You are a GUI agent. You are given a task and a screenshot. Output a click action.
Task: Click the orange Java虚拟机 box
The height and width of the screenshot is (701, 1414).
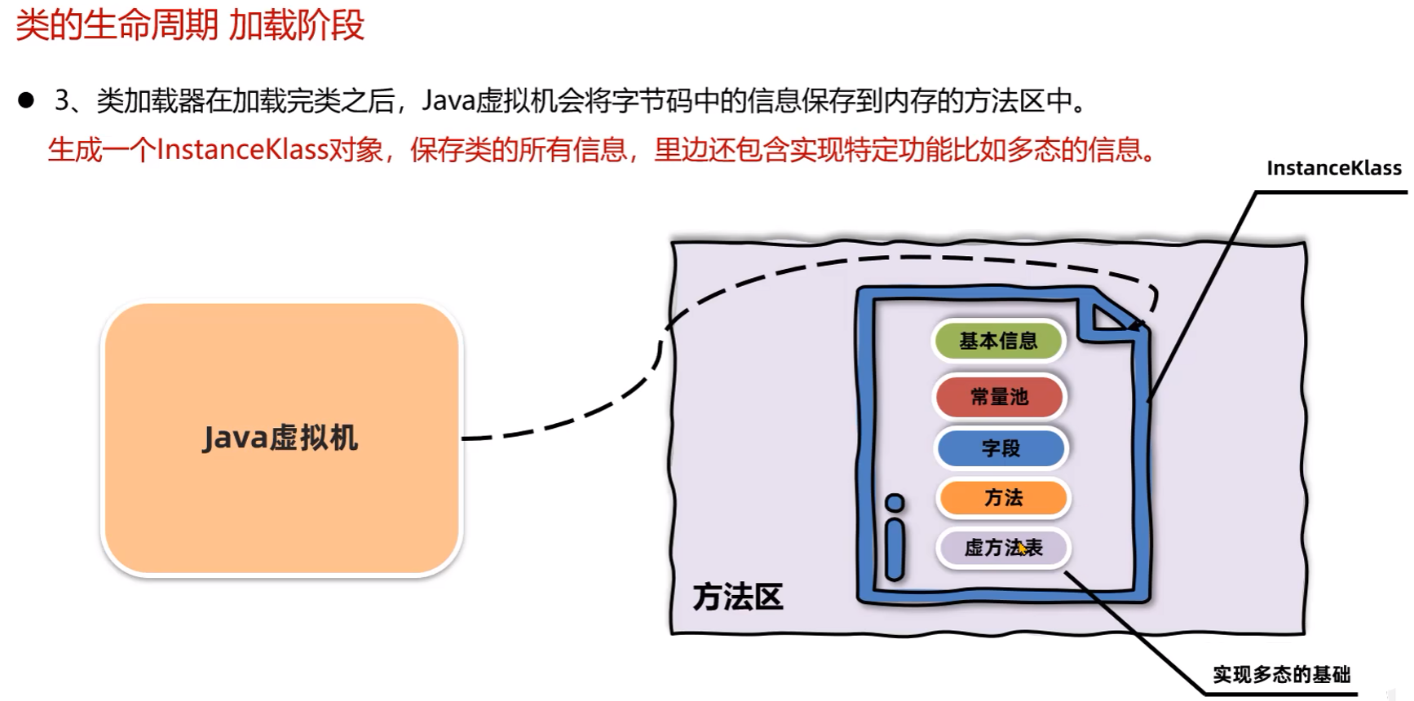[281, 439]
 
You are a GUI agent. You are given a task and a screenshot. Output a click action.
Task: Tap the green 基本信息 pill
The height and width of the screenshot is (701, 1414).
[998, 341]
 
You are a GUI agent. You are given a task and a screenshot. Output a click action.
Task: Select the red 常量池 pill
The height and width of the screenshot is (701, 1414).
[999, 397]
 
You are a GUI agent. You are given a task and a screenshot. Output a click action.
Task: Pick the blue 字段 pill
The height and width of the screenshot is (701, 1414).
[1001, 448]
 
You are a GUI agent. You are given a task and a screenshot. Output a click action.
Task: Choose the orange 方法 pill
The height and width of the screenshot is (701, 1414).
[1003, 498]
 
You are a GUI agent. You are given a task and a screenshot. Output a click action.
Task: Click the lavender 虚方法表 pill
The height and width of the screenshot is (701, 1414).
[1003, 548]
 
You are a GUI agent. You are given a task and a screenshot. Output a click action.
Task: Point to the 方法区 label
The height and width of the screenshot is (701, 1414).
[737, 597]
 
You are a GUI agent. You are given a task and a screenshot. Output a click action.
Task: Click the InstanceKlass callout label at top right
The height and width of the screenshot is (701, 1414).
[1333, 169]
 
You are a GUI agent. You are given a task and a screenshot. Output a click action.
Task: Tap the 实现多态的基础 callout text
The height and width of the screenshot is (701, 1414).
[1281, 675]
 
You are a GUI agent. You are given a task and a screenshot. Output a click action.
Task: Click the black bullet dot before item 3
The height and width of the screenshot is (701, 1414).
[26, 100]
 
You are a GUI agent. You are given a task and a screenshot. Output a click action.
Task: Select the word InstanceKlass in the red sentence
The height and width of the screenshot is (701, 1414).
[241, 150]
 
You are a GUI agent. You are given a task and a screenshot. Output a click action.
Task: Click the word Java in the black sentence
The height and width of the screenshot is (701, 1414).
[448, 101]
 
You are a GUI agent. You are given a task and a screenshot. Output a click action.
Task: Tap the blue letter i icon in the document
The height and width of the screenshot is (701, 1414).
[895, 538]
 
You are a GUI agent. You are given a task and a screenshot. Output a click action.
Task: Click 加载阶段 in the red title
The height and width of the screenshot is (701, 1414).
[296, 25]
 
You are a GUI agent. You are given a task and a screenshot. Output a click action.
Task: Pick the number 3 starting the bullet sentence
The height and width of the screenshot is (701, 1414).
[62, 101]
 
